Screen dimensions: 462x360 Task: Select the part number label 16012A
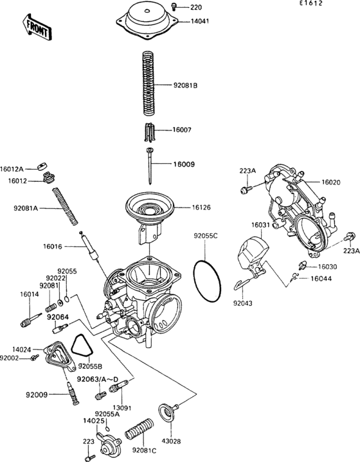point(12,168)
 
